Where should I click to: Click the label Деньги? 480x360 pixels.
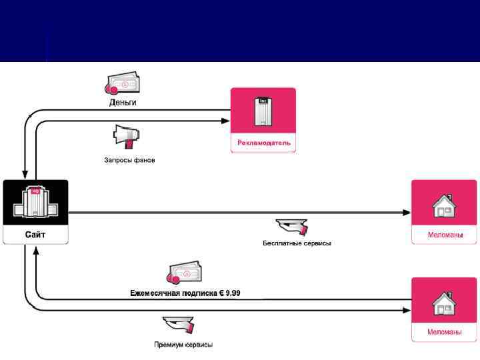(x=123, y=103)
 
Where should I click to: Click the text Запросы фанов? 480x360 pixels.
(x=129, y=160)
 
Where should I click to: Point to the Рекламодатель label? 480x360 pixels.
(x=263, y=143)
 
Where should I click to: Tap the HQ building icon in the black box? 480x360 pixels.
(x=35, y=202)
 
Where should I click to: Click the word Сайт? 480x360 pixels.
(x=35, y=235)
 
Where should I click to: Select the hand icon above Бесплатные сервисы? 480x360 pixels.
(x=291, y=226)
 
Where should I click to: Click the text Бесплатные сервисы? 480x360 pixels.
(x=297, y=243)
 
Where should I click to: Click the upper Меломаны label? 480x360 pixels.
(x=444, y=235)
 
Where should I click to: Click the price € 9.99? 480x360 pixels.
(x=229, y=293)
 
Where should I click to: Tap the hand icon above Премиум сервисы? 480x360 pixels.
(x=178, y=326)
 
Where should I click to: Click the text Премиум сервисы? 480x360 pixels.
(x=183, y=345)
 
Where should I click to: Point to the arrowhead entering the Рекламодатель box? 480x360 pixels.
(x=225, y=121)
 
